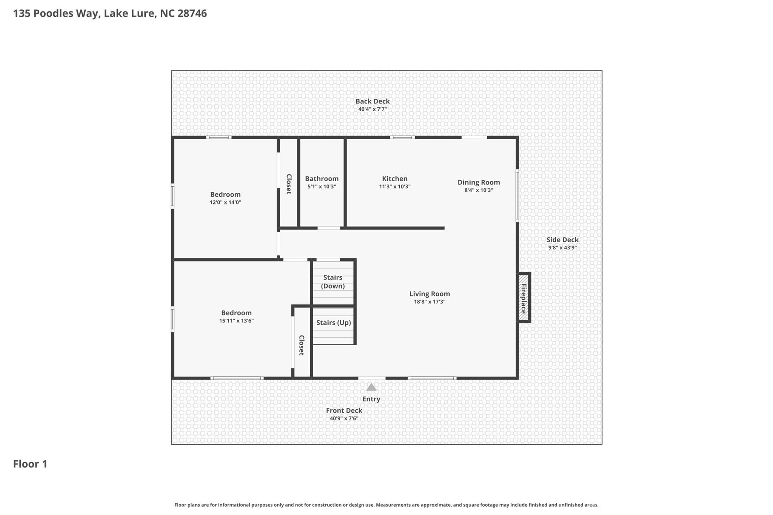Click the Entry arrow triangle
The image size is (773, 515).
371,387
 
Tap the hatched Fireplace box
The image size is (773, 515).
523,298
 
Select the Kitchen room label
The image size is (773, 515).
394,179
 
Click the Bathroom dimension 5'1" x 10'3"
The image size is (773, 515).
322,187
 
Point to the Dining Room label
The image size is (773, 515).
479,183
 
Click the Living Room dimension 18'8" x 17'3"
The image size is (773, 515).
430,302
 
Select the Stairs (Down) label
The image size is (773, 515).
333,282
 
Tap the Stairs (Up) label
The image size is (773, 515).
333,323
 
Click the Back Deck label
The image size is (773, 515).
372,101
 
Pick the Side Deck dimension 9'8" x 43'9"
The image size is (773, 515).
562,248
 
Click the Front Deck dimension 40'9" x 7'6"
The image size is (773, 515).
343,418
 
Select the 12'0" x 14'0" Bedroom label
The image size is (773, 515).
225,195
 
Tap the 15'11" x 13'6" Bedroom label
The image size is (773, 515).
236,313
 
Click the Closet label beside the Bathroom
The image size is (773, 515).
289,184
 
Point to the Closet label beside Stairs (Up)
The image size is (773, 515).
302,345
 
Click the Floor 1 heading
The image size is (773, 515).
30,464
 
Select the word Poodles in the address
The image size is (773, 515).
53,14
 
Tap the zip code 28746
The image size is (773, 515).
192,14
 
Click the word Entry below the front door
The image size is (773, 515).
371,399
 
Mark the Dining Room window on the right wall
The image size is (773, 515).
517,195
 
